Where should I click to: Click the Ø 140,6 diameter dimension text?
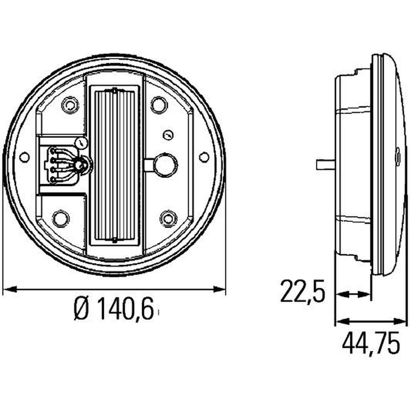click(x=114, y=310)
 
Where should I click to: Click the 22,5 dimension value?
click(x=303, y=291)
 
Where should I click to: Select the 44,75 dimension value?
click(x=371, y=343)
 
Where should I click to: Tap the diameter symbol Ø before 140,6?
click(x=81, y=310)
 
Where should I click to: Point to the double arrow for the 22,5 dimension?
click(x=353, y=294)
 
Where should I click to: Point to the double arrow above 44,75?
click(x=370, y=322)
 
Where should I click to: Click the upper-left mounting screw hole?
click(x=70, y=105)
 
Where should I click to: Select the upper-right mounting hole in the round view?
click(x=159, y=105)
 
